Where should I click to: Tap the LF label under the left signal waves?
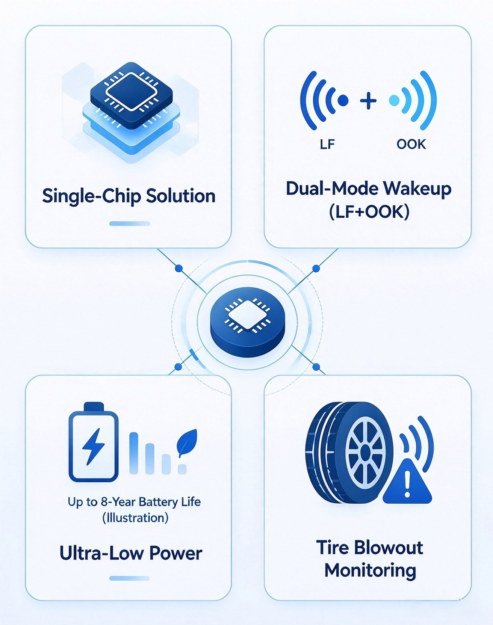[327, 144]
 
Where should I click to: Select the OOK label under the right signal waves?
[411, 144]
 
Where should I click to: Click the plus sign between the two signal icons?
[368, 101]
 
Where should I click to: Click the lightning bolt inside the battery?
[93, 446]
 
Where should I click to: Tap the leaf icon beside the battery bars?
[187, 443]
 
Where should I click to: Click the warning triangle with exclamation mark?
[407, 482]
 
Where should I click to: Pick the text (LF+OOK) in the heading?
[369, 212]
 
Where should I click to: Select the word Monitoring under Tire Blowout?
[370, 571]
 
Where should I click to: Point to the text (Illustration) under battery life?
[135, 518]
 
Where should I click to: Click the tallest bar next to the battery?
[134, 453]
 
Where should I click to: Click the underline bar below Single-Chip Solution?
[130, 223]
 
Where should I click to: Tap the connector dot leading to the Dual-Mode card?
[316, 269]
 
